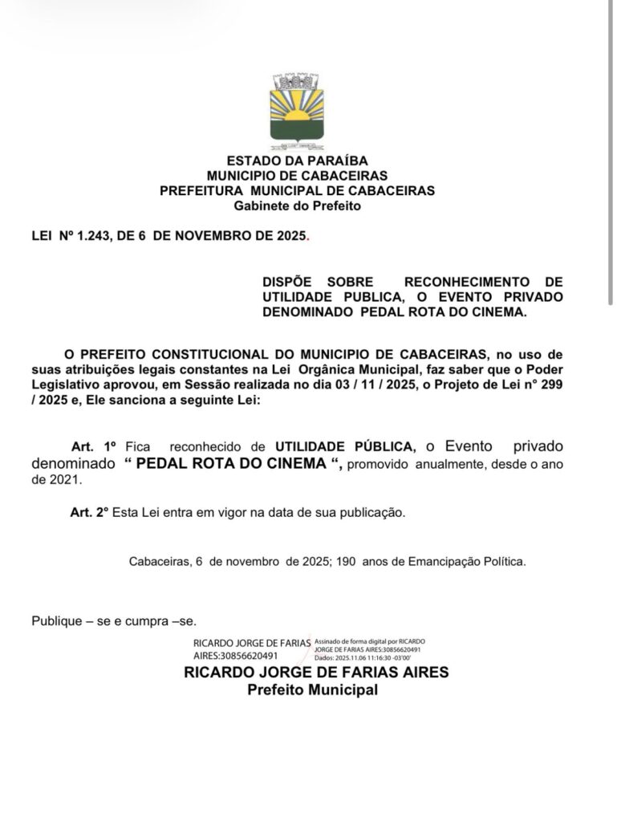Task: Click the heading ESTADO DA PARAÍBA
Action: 297,161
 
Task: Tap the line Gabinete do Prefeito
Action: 297,206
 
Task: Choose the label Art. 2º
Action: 89,511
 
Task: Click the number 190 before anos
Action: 344,562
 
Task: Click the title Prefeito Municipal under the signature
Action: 311,690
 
